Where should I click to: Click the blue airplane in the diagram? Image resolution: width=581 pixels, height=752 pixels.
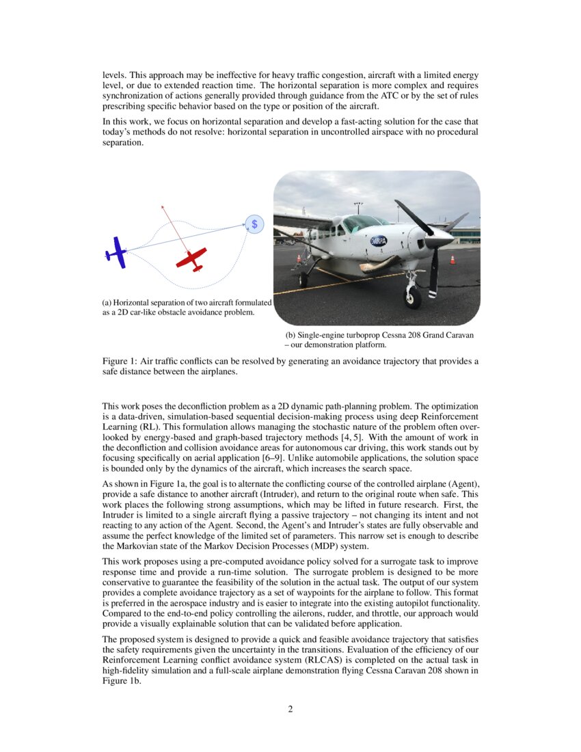[x=117, y=252]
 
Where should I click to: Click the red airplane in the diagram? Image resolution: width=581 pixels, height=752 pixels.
[x=191, y=258]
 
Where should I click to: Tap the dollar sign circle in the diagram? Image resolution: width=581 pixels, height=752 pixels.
[x=254, y=224]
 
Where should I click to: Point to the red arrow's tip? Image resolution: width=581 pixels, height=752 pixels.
[x=162, y=204]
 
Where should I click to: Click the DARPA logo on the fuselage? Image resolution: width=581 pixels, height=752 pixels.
[x=378, y=241]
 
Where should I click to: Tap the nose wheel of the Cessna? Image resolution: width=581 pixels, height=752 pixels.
[x=413, y=297]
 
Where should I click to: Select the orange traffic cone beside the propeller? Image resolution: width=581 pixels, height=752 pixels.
[x=452, y=259]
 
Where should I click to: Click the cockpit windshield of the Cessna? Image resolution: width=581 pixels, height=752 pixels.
[x=362, y=223]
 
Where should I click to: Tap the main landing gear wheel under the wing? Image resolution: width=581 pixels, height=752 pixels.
[x=303, y=279]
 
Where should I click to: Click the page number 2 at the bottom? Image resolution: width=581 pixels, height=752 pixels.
[x=290, y=709]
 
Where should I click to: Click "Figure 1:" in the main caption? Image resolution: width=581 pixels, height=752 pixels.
[x=117, y=361]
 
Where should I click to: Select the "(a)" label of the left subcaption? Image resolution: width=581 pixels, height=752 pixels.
[x=107, y=302]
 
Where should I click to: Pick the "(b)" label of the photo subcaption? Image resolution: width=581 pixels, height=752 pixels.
[x=290, y=336]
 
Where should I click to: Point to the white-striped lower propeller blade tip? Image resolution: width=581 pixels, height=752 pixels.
[x=433, y=293]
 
